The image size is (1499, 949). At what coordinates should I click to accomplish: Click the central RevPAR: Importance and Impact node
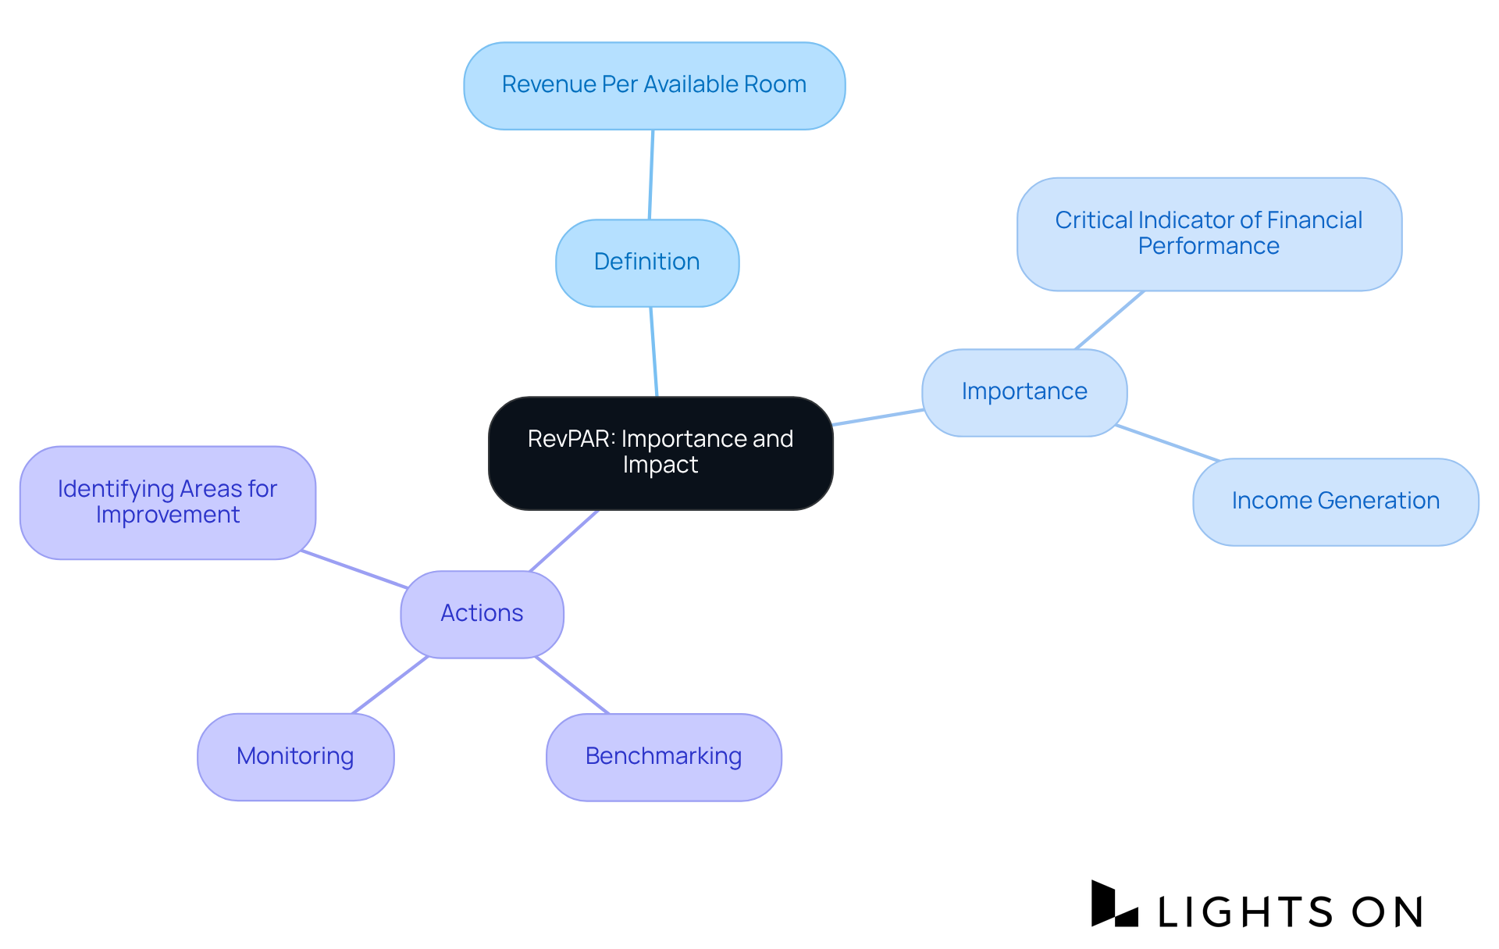click(x=660, y=452)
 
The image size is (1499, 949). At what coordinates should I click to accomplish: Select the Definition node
click(x=647, y=262)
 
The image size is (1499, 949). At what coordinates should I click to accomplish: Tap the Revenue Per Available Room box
click(x=654, y=85)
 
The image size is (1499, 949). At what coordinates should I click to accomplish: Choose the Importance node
click(x=1024, y=392)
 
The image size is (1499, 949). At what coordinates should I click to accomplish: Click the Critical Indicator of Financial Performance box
click(x=1209, y=234)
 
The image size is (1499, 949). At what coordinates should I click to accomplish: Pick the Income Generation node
click(x=1335, y=501)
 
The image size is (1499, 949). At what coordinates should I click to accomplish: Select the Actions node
click(x=482, y=614)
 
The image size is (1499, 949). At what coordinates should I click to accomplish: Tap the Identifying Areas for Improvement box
click(x=167, y=502)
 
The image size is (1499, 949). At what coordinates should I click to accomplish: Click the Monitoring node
click(x=295, y=757)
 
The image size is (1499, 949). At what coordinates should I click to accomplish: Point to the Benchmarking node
click(x=664, y=757)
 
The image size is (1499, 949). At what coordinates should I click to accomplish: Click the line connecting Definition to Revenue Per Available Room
click(x=651, y=174)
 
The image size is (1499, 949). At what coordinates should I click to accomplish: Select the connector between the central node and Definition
click(x=654, y=351)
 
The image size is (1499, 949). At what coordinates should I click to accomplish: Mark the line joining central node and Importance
click(x=878, y=417)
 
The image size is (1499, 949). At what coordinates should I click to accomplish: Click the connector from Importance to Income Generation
click(x=1167, y=443)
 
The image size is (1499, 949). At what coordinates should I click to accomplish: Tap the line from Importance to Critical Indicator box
click(x=1109, y=320)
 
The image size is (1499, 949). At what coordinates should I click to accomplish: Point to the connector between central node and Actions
click(x=564, y=541)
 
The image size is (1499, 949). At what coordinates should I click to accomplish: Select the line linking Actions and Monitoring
click(x=390, y=685)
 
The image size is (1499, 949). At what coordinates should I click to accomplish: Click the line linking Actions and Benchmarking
click(x=571, y=685)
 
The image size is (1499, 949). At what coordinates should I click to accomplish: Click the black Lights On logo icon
click(x=1113, y=904)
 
